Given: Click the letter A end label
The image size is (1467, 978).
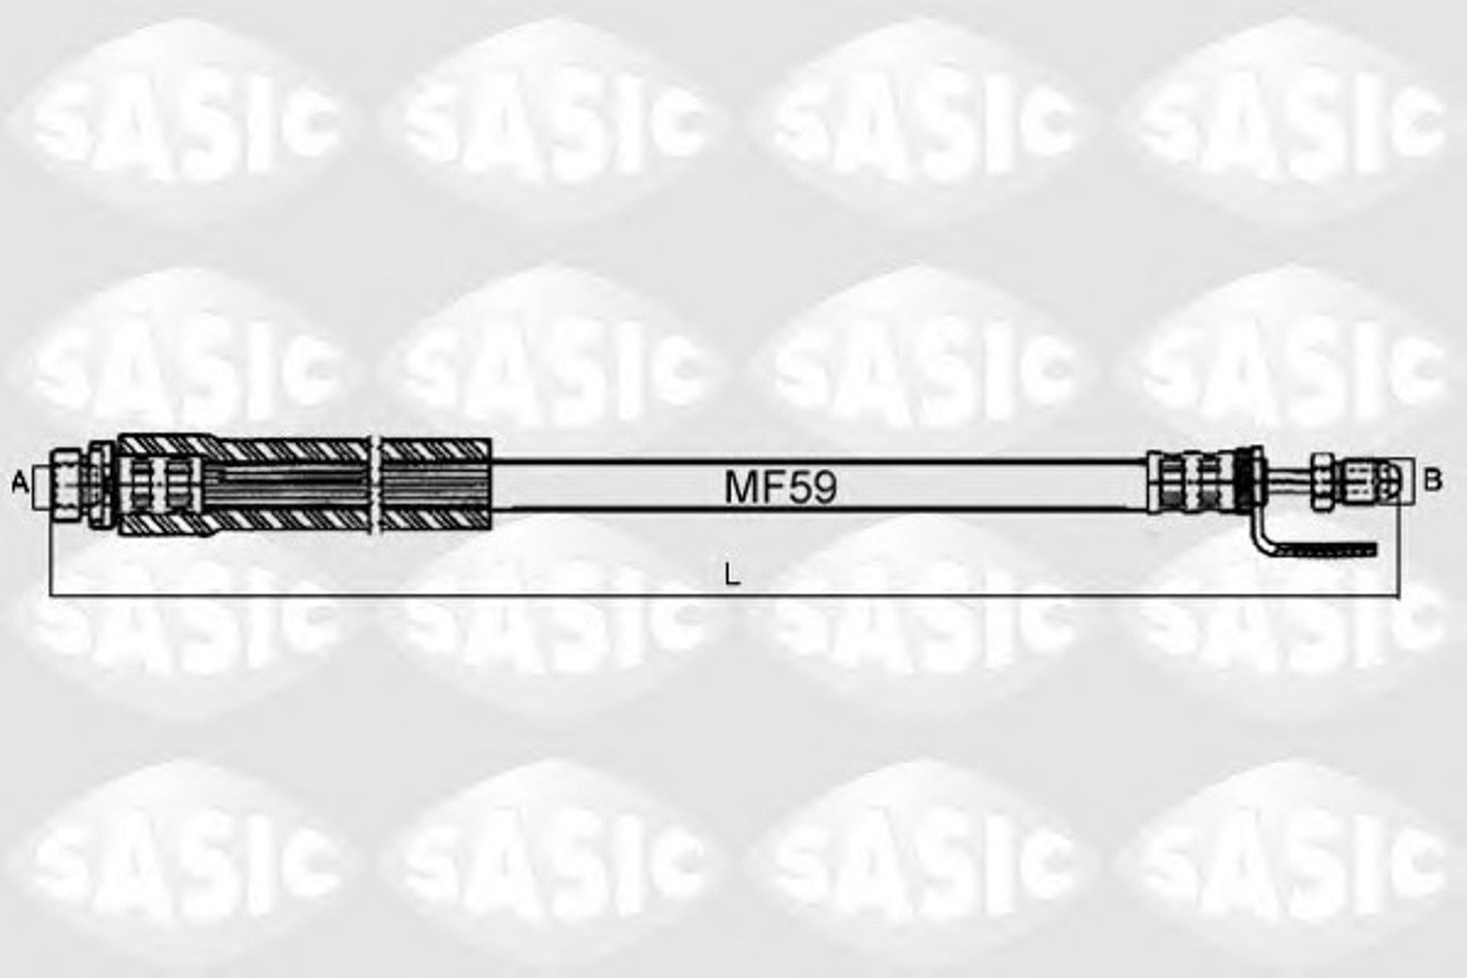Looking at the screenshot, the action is click(x=20, y=482).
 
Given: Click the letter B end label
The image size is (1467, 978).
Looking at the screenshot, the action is click(x=1433, y=480).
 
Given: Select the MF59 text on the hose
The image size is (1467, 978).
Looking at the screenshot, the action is click(x=781, y=487).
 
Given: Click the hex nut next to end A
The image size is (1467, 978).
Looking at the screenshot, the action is click(x=67, y=483).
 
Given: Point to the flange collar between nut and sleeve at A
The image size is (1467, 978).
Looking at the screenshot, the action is click(x=100, y=484).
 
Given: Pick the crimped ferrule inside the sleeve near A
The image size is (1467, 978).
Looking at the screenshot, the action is click(x=161, y=484).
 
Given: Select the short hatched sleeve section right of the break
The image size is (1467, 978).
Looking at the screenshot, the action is click(x=436, y=484).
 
